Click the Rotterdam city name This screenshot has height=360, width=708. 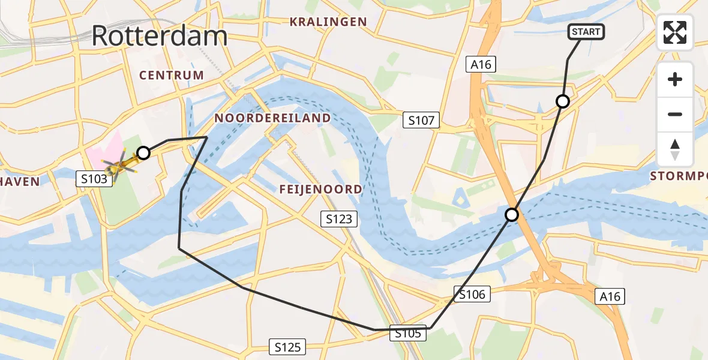160,36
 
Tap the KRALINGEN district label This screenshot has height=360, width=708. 328,22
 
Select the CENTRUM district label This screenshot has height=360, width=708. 172,75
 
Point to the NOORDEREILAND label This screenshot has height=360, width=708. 272,118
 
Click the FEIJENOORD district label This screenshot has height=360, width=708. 320,190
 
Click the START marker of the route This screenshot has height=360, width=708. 586,32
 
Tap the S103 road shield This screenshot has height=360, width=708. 94,178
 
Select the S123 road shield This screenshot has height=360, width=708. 339,220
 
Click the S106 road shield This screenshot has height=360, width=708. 472,294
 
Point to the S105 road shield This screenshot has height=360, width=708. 409,333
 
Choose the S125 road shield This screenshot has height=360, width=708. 288,346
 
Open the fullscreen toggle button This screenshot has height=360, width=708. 675,32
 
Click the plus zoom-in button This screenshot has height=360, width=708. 675,79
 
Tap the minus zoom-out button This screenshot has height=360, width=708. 675,114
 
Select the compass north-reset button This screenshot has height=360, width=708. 675,149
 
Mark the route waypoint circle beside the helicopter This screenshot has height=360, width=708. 143,153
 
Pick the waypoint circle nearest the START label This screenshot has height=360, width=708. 562,101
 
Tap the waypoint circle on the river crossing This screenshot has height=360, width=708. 511,214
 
